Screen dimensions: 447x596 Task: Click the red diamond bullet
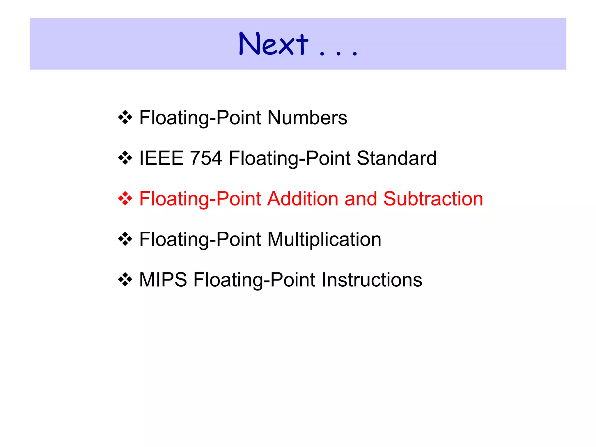pyautogui.click(x=125, y=199)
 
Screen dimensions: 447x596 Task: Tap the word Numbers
pyautogui.click(x=307, y=118)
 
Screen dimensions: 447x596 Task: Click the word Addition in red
pyautogui.click(x=302, y=199)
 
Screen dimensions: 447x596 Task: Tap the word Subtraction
pyautogui.click(x=433, y=199)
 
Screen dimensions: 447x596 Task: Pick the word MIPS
pyautogui.click(x=163, y=280)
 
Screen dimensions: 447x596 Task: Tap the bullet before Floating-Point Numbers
pyautogui.click(x=125, y=118)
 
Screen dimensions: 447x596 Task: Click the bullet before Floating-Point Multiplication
pyautogui.click(x=125, y=239)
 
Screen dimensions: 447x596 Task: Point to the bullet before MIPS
pyautogui.click(x=125, y=280)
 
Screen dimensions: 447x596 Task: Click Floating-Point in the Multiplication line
pyautogui.click(x=200, y=239)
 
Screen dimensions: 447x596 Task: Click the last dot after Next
pyautogui.click(x=354, y=54)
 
